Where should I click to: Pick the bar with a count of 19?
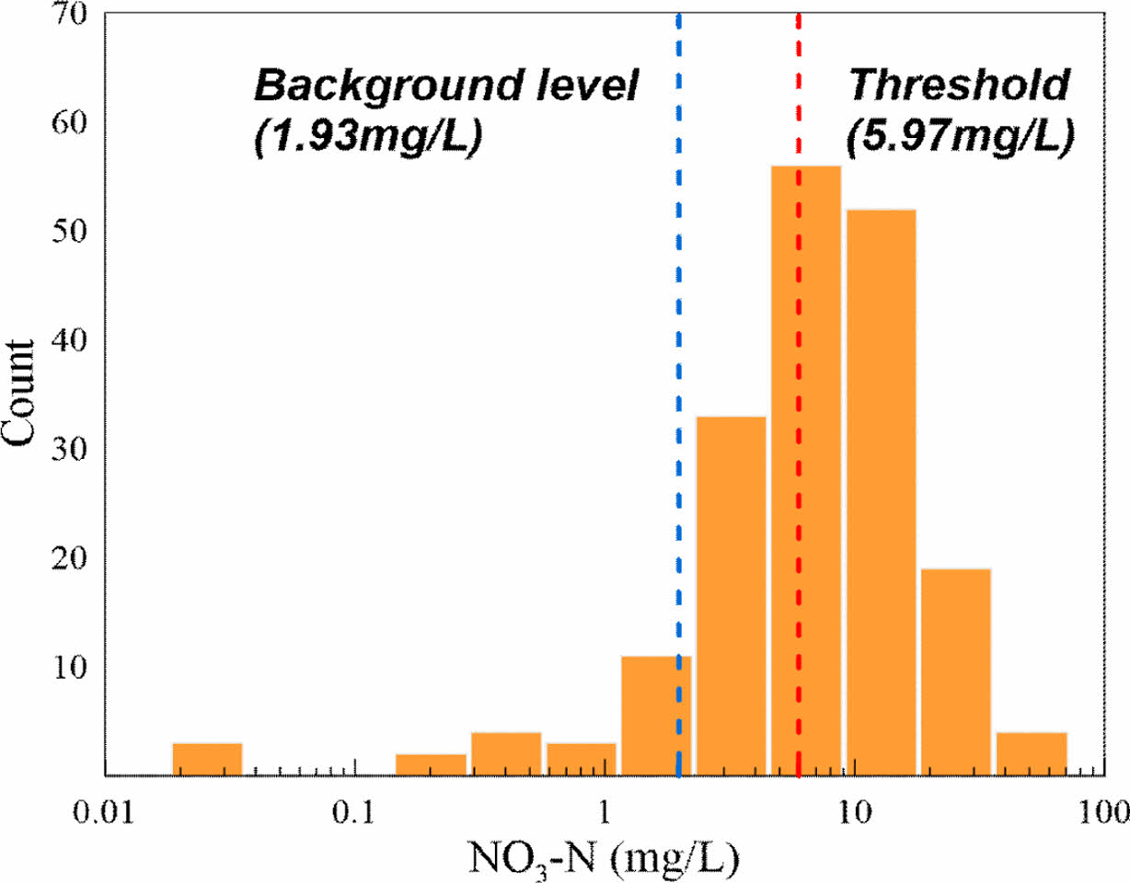pos(955,671)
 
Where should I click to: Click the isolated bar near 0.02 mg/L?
pos(207,759)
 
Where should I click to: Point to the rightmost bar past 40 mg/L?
pos(1032,753)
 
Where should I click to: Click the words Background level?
pos(445,87)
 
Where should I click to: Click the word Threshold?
pos(961,87)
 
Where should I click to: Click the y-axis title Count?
pos(20,395)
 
